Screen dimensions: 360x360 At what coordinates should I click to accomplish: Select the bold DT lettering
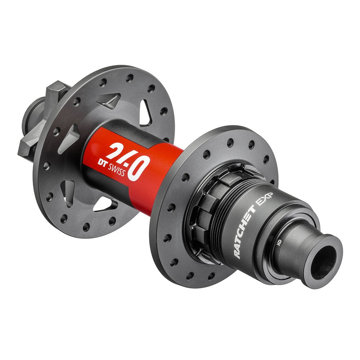click(x=97, y=163)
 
